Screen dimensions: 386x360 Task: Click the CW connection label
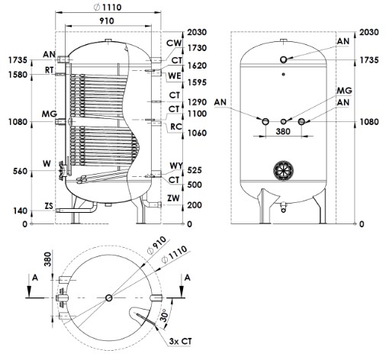click(174, 43)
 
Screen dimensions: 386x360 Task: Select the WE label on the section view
click(175, 76)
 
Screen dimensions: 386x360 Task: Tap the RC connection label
click(176, 127)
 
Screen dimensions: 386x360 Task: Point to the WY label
click(176, 166)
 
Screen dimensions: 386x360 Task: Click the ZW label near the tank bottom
click(173, 198)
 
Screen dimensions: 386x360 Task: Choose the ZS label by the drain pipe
click(49, 206)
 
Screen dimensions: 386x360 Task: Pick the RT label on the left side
click(50, 70)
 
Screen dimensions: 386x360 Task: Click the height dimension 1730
click(197, 48)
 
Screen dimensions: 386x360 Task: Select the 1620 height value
click(197, 66)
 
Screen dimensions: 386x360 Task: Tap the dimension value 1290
click(197, 102)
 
